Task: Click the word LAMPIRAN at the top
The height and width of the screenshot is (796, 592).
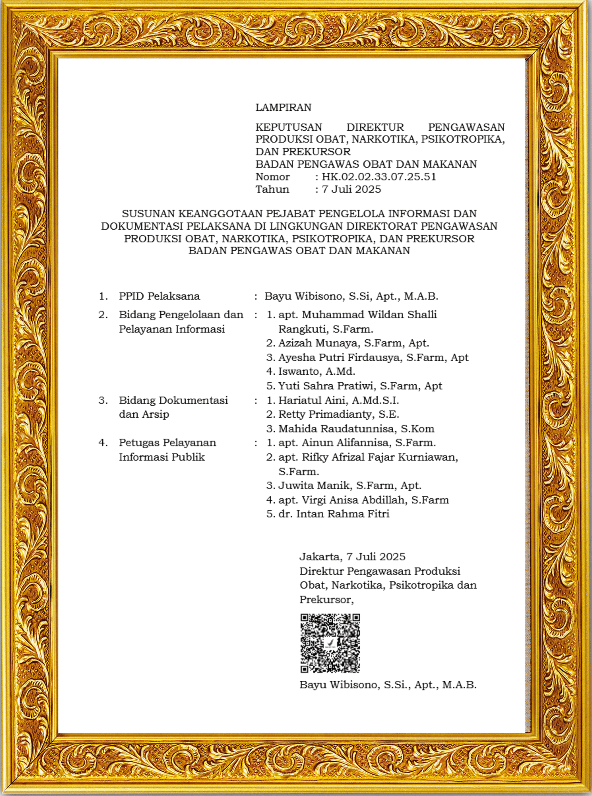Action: (x=283, y=108)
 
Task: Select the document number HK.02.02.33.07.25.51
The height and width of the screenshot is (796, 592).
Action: (x=379, y=177)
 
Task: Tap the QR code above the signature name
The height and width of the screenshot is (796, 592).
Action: (x=330, y=643)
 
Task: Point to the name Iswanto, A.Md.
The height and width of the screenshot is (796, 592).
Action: (x=317, y=371)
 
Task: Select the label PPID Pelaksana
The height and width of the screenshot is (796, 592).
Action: (x=160, y=296)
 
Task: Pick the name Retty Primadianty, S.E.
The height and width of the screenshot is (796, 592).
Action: (x=338, y=414)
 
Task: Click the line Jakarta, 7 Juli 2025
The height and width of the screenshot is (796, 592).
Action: (x=352, y=557)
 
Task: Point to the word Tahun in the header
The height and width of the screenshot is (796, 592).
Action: (x=272, y=189)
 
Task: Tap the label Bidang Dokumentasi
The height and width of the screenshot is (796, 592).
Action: (x=173, y=400)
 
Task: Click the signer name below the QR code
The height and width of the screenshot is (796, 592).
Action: (x=388, y=685)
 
